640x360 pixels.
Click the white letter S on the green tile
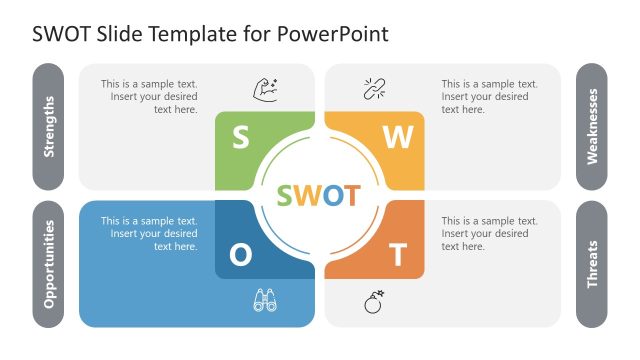click(x=241, y=137)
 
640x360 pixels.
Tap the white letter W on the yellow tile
click(x=398, y=138)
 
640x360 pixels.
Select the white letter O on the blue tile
click(x=241, y=256)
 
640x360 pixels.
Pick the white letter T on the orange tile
click(x=398, y=256)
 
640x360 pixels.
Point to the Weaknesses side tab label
click(x=592, y=127)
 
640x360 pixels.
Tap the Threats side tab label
click(x=592, y=264)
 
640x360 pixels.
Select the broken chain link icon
click(x=374, y=88)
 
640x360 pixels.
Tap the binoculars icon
click(x=265, y=300)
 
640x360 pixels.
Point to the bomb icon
click(x=374, y=300)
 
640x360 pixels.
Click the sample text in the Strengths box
click(x=149, y=97)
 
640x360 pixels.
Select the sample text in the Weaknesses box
click(x=485, y=97)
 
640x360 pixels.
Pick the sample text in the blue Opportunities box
click(x=149, y=234)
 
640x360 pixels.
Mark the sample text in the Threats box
click(x=485, y=234)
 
